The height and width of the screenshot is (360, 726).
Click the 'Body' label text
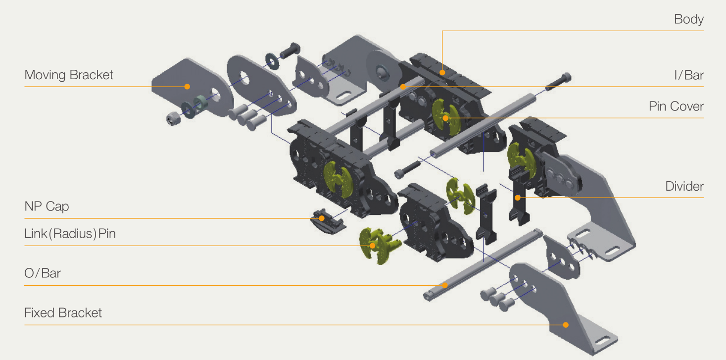689,19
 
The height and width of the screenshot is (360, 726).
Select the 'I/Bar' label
689,75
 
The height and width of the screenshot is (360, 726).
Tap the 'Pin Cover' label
676,106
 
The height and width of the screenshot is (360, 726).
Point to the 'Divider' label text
684,186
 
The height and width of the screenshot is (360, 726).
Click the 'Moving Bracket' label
69,75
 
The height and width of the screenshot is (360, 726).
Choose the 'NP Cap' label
47,206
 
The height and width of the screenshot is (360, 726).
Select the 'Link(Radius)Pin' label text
70,234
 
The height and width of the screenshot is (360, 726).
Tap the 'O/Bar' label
43,273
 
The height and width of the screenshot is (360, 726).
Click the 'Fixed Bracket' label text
63,312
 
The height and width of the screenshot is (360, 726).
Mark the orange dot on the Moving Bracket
187,87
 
